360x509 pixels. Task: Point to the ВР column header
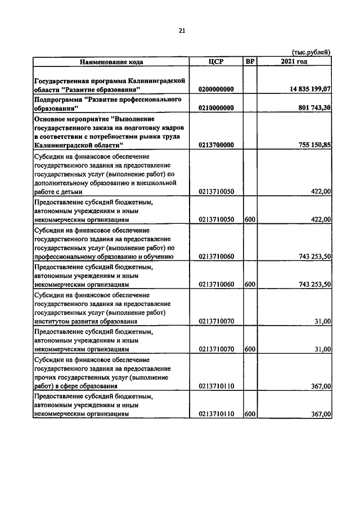click(250, 61)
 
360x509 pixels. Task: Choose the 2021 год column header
click(294, 61)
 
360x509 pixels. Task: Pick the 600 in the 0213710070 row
click(250, 349)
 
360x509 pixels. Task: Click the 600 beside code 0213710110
click(250, 414)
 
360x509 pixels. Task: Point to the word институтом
click(53, 321)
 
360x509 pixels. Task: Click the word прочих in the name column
click(47, 377)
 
